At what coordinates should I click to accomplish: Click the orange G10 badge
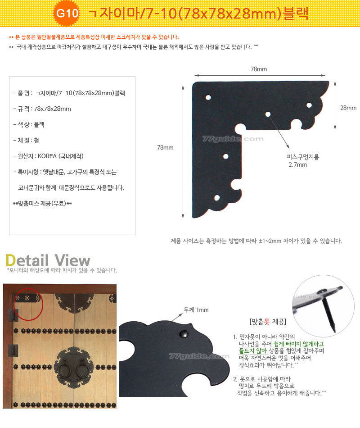pos(67,13)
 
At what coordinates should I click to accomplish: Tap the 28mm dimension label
pos(348,108)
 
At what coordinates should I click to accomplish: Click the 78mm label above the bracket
pos(259,69)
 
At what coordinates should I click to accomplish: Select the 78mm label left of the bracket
pos(165,147)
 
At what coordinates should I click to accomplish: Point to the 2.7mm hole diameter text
pos(298,164)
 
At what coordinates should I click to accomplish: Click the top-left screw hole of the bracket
pos(208,97)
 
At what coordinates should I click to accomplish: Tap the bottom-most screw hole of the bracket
pos(217,198)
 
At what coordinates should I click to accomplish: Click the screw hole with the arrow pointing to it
pos(268,114)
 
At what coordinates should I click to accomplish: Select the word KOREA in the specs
pos(47,156)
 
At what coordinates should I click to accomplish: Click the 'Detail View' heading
pos(48,260)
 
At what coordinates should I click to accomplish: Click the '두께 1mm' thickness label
pos(196,310)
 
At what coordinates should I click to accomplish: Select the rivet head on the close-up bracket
pos(184,333)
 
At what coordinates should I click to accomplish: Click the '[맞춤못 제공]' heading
pos(268,322)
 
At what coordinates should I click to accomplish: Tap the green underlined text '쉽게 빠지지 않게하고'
pos(299,344)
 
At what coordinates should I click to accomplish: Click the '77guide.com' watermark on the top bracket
pos(233,139)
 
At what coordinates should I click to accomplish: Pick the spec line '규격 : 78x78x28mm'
pos(42,109)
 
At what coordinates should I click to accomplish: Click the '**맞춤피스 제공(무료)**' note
pos(43,204)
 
